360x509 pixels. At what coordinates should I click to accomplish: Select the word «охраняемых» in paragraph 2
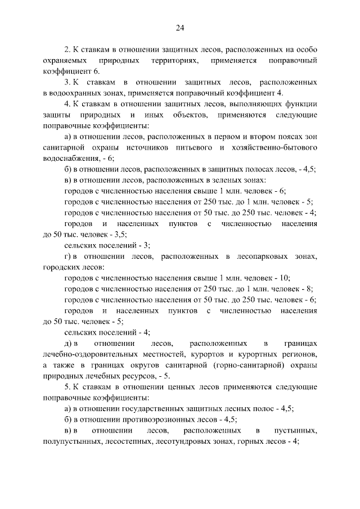[x=62, y=60]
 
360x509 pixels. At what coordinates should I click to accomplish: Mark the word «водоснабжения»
[x=71, y=159]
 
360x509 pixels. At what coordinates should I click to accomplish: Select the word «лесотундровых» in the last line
[x=199, y=442]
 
